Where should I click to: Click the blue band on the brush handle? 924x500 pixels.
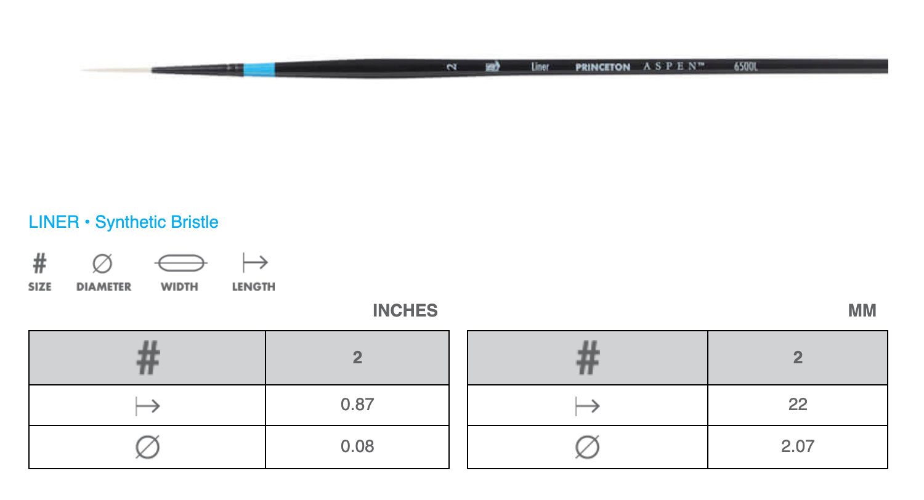click(x=259, y=69)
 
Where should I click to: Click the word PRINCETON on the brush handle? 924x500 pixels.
click(x=602, y=67)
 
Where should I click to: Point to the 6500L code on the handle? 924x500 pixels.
click(x=745, y=67)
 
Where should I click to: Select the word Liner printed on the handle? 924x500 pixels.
click(x=540, y=67)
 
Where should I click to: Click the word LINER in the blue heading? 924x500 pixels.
click(x=54, y=222)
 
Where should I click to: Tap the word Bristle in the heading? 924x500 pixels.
click(x=194, y=222)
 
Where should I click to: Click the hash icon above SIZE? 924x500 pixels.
click(x=39, y=263)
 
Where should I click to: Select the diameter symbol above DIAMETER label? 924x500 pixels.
click(x=102, y=264)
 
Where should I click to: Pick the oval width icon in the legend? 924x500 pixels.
click(x=181, y=263)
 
